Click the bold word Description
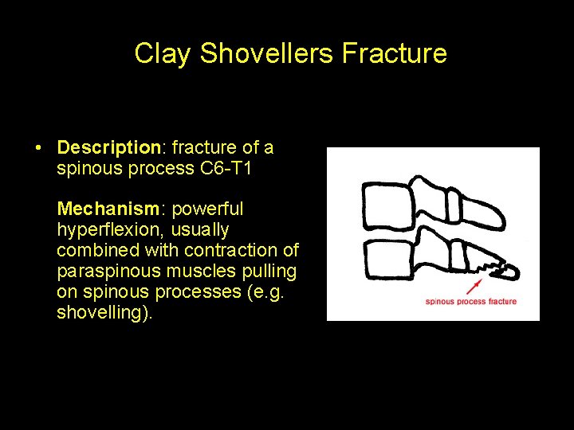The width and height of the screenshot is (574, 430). [109, 147]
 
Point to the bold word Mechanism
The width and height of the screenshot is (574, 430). [108, 209]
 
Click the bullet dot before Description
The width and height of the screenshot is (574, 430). [37, 148]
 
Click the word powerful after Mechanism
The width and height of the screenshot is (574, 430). [207, 209]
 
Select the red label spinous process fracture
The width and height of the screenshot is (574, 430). [470, 302]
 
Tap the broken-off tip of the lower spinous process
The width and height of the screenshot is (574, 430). [508, 271]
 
